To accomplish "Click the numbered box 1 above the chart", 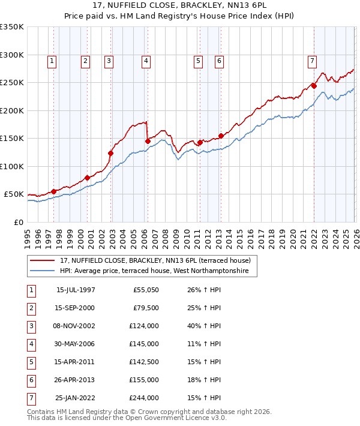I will click(x=52, y=60).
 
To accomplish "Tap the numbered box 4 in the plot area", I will click(x=146, y=60).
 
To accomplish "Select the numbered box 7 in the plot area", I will click(x=313, y=60).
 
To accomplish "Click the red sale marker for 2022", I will click(x=314, y=86).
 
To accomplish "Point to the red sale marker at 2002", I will click(x=110, y=153).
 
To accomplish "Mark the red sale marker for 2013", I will click(x=221, y=136).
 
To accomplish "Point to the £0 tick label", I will click(x=19, y=223).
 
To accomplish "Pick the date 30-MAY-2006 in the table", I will click(x=76, y=344).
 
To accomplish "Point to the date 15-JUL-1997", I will click(x=76, y=290).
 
